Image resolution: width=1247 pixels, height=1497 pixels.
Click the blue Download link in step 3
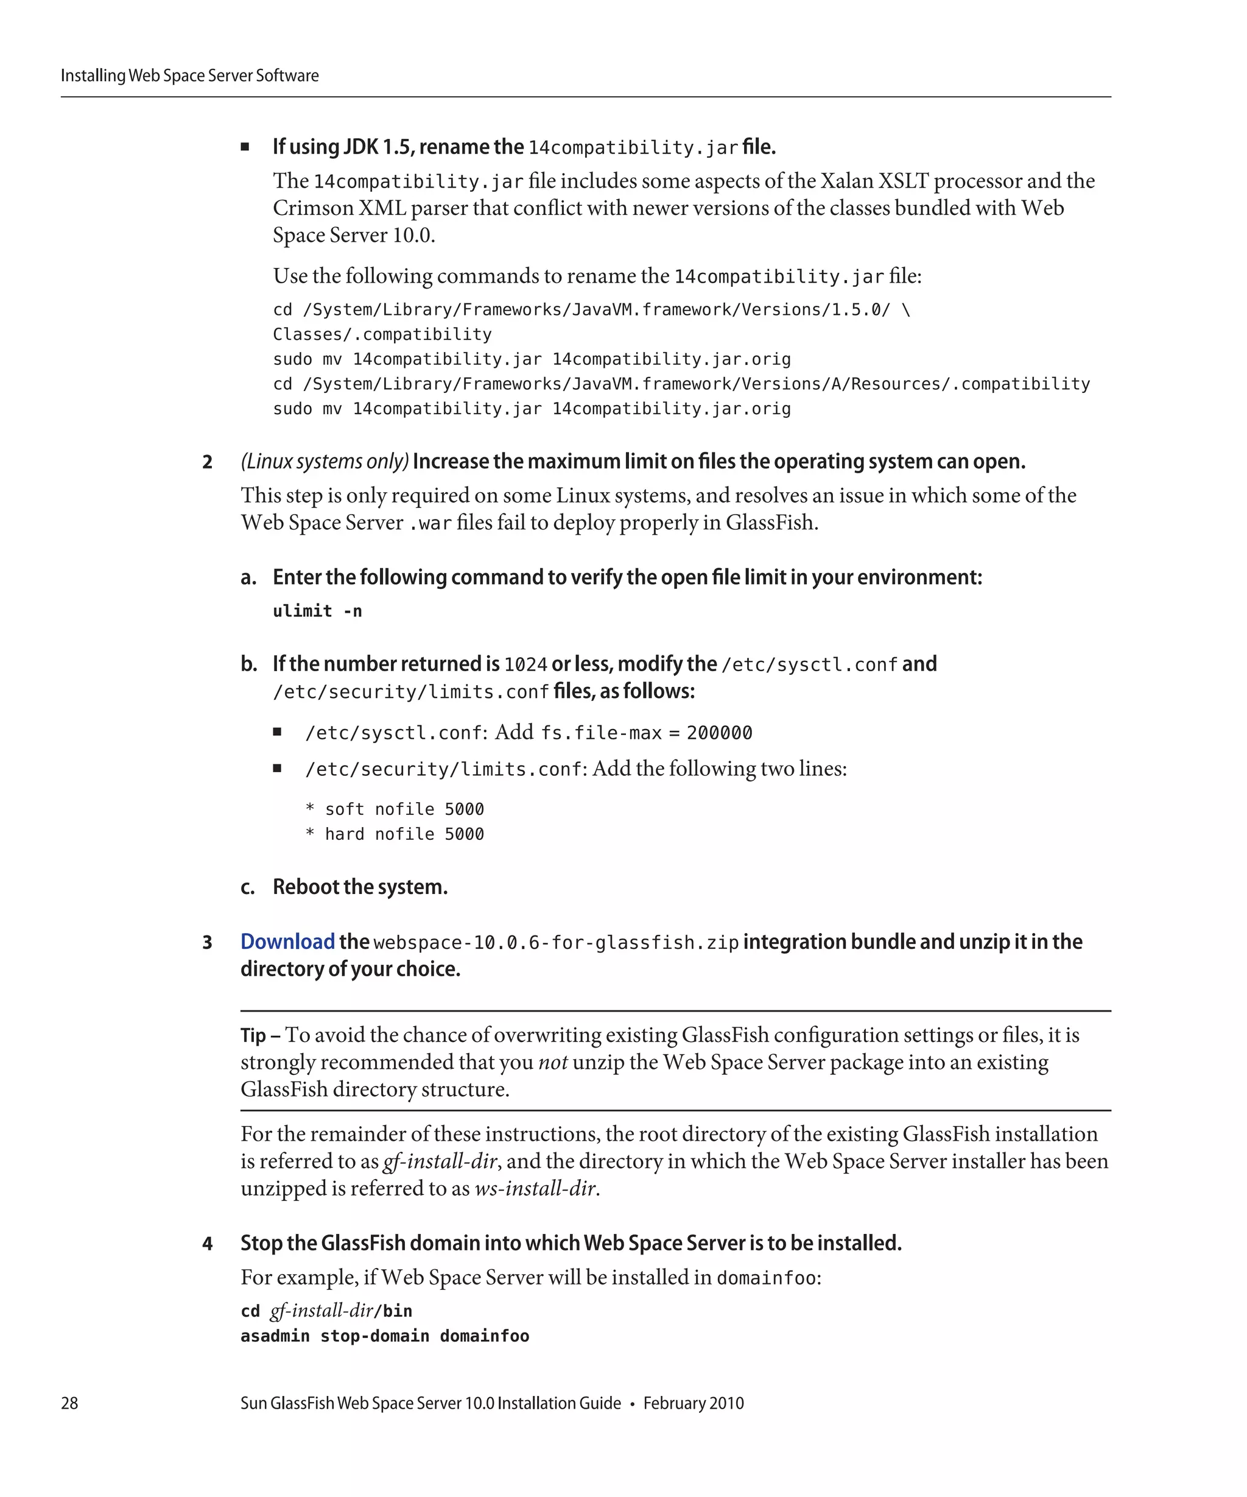click(287, 942)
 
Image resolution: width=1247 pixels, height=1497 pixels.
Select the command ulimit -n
click(317, 611)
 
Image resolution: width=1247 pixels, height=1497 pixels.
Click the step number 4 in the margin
click(208, 1244)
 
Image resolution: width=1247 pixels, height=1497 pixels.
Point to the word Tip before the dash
click(253, 1035)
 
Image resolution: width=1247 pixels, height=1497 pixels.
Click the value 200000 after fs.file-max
click(719, 733)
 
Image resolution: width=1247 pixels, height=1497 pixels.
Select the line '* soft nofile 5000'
click(394, 809)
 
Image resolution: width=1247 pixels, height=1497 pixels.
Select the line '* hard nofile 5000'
click(394, 834)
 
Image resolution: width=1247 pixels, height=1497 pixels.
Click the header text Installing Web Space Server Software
click(189, 76)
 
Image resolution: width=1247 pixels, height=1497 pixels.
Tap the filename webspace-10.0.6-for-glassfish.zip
click(556, 943)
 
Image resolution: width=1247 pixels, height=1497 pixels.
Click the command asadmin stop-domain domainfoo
click(385, 1336)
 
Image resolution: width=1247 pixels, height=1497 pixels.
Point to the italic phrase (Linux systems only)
click(324, 462)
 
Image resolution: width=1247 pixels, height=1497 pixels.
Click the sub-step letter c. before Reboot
click(247, 887)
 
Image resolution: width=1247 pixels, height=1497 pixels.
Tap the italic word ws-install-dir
click(535, 1188)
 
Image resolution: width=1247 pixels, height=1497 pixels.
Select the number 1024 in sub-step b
click(525, 665)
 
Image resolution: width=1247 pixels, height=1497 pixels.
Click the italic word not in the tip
click(552, 1062)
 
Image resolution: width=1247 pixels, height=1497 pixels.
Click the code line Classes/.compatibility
click(382, 334)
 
